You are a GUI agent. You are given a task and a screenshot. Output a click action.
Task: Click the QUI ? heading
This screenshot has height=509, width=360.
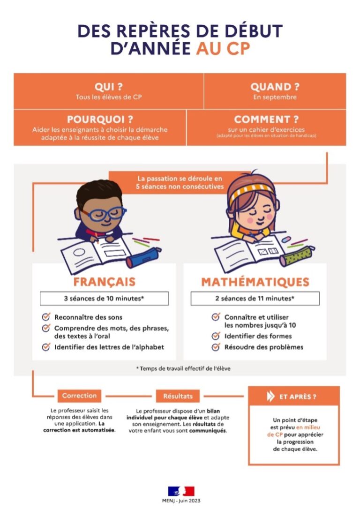click(108, 87)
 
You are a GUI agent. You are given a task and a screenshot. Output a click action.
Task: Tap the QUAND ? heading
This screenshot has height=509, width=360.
click(275, 87)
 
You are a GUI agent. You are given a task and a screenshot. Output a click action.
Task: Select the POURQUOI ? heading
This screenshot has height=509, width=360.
click(100, 120)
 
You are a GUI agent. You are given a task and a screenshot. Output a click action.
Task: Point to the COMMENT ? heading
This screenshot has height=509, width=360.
click(267, 120)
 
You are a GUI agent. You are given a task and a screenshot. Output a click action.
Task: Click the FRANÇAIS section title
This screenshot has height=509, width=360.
click(104, 282)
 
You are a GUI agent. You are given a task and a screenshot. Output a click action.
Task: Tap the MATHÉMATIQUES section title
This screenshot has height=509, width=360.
click(255, 282)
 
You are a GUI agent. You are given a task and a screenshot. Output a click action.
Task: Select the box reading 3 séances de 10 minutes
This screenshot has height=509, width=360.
click(104, 299)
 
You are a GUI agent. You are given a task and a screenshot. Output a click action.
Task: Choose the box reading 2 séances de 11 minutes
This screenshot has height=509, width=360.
click(255, 299)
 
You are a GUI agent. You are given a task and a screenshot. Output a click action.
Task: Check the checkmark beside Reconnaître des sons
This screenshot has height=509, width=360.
click(46, 317)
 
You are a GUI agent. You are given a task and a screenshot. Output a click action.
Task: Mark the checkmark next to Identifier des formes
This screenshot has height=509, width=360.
click(216, 336)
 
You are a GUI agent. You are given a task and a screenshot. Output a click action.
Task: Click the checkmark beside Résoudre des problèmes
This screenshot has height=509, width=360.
click(216, 347)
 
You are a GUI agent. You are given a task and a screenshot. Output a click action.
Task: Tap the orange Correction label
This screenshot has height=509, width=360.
click(79, 396)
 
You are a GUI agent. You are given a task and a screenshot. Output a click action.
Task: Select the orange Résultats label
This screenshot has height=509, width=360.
click(178, 396)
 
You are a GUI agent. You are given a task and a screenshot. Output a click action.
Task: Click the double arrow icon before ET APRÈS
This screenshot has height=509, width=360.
click(270, 397)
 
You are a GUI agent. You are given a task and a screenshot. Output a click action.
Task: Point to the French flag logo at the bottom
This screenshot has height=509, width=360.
click(180, 491)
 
